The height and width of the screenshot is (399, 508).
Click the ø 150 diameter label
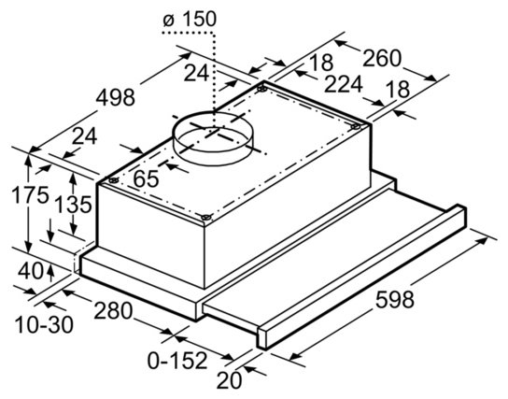(190, 20)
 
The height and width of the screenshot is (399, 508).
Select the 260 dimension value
(382, 58)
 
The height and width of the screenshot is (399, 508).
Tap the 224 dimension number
(344, 84)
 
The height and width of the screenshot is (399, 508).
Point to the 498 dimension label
(116, 97)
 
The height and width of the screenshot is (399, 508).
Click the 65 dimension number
(146, 178)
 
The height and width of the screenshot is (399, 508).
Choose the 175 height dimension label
(30, 195)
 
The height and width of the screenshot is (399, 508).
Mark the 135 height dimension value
(73, 205)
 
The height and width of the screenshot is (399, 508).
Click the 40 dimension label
(30, 271)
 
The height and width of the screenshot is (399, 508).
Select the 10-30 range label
(45, 325)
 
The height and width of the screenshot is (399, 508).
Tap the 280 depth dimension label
(113, 310)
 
